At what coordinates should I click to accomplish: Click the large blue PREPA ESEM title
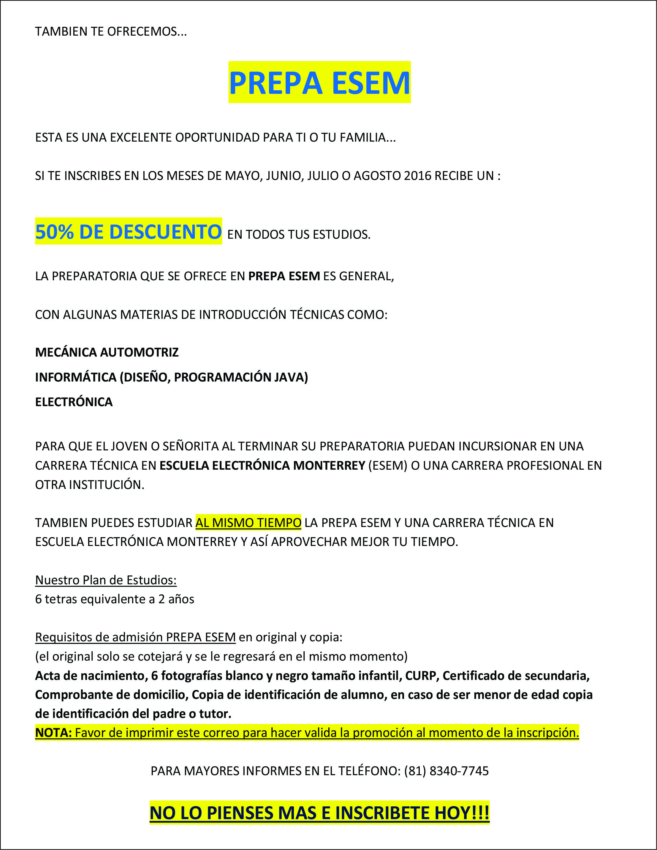pyautogui.click(x=319, y=83)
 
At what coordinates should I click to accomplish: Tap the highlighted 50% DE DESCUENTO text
pyautogui.click(x=129, y=232)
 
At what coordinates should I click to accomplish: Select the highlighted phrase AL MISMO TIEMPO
pyautogui.click(x=248, y=523)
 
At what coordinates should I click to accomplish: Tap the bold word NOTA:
pyautogui.click(x=53, y=732)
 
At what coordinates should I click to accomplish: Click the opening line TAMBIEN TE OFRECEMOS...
pyautogui.click(x=111, y=31)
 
